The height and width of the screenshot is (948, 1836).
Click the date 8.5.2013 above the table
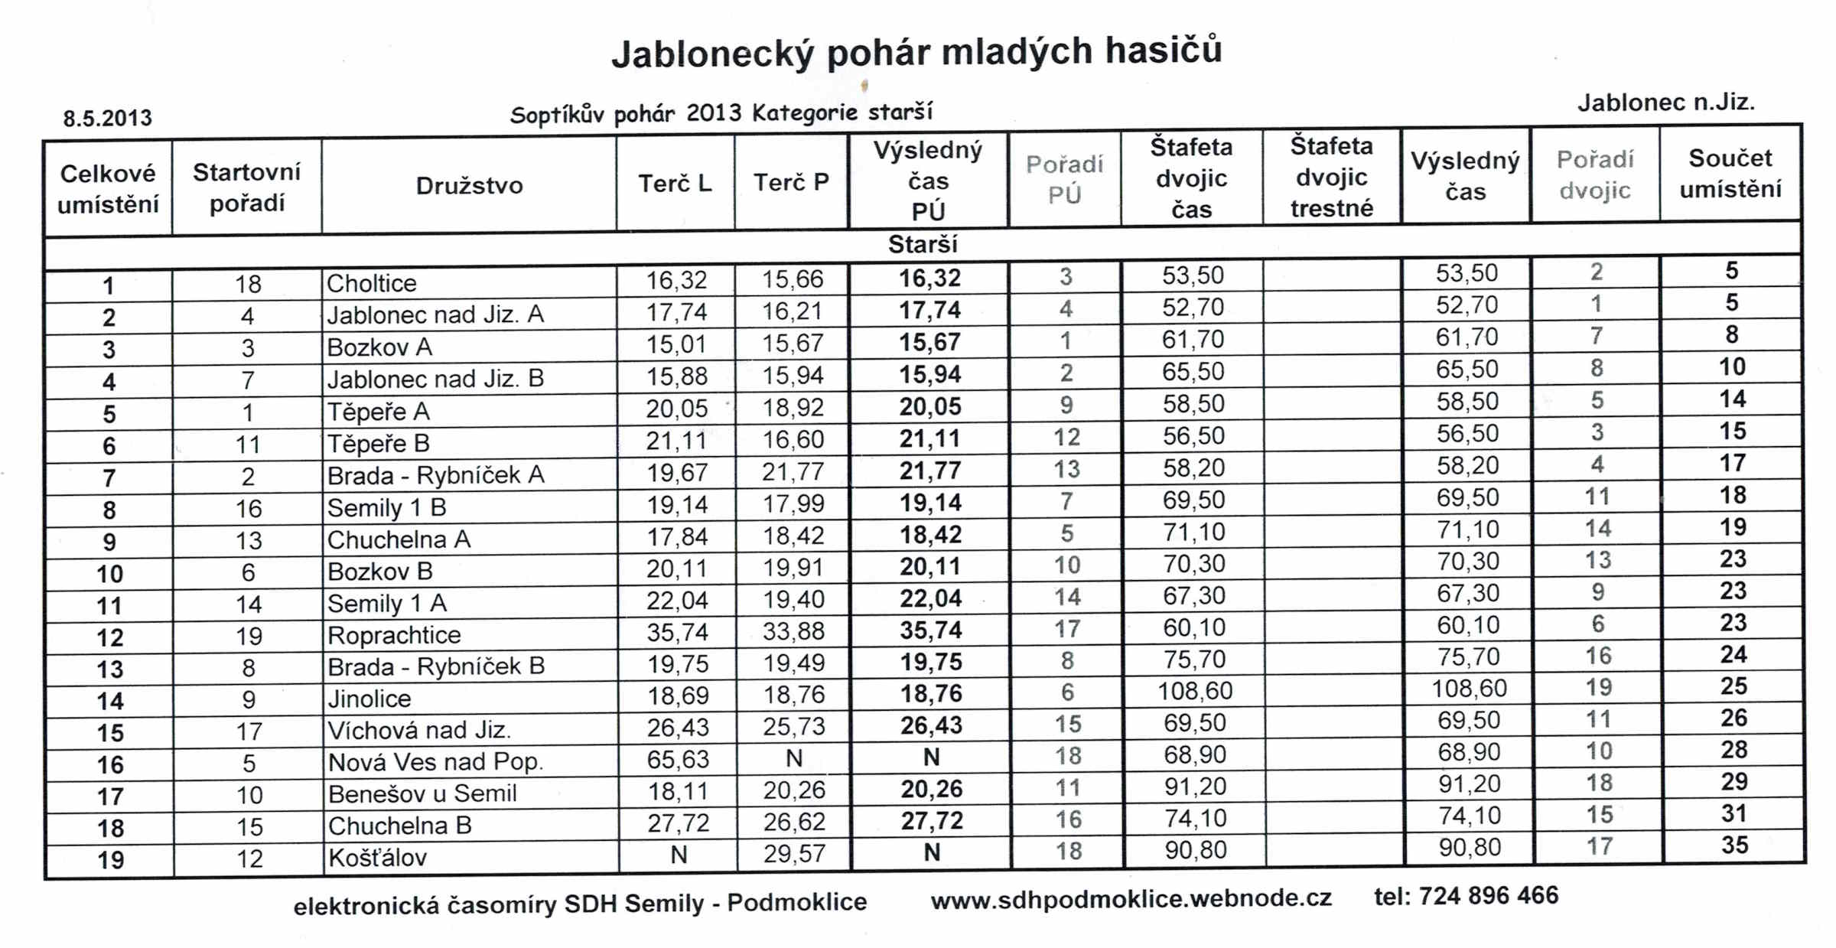(x=107, y=119)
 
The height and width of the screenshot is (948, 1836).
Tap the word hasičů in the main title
(x=1163, y=51)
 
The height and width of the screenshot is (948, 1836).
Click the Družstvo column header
(x=469, y=186)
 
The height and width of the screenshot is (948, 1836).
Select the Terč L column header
(x=675, y=184)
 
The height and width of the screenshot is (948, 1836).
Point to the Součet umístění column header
(x=1730, y=174)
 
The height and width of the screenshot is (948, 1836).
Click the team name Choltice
(x=372, y=284)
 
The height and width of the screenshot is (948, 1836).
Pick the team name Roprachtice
(x=394, y=635)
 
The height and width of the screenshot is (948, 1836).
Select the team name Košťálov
(x=377, y=858)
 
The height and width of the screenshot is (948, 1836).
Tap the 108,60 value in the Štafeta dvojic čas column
(x=1195, y=691)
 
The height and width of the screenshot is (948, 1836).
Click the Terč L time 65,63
(x=678, y=759)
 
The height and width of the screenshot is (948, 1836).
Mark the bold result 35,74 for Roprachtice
(x=930, y=630)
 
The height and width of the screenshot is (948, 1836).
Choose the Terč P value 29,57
(x=794, y=853)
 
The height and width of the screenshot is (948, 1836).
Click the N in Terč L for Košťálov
(x=679, y=855)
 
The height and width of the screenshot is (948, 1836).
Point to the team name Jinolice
(x=369, y=699)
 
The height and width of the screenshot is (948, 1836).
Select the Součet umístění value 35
(x=1734, y=845)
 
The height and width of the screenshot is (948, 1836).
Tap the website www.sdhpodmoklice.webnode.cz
(x=1131, y=899)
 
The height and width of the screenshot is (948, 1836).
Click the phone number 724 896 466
(x=1488, y=896)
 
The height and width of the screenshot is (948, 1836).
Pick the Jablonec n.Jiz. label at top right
(x=1665, y=103)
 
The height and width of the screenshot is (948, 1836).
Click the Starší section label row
(x=923, y=245)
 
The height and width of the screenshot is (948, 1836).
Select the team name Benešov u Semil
(x=422, y=793)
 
